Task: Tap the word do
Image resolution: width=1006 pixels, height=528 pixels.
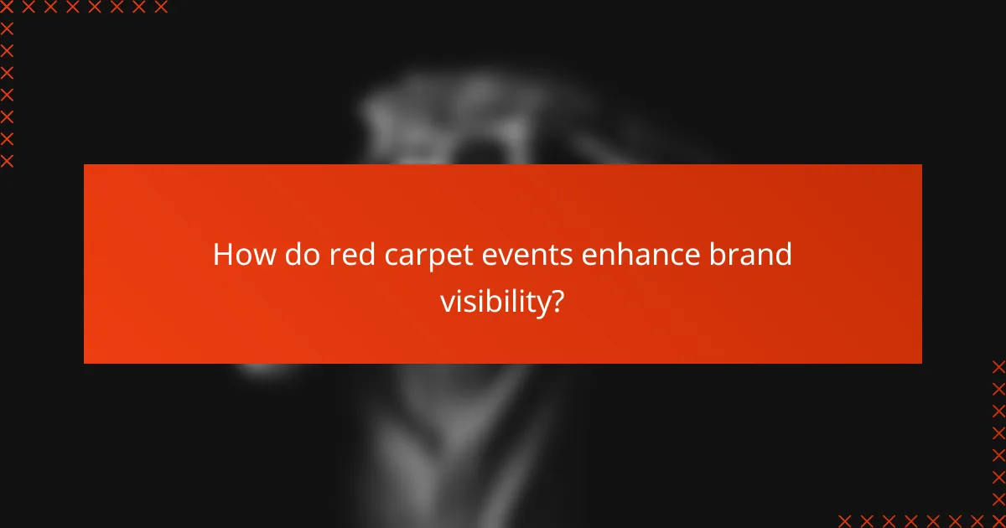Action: (x=289, y=254)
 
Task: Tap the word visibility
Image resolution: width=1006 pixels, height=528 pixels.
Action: (x=492, y=301)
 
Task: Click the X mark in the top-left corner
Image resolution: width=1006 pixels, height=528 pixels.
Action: (x=7, y=8)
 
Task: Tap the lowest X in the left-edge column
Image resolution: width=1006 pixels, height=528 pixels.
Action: (x=7, y=160)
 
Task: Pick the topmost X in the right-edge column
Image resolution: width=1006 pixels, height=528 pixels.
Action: (x=998, y=366)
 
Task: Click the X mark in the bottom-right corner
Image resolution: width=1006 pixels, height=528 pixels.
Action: (x=998, y=520)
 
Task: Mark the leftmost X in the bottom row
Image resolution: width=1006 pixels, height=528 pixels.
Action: (x=844, y=520)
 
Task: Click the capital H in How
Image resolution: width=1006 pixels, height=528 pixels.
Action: (x=222, y=254)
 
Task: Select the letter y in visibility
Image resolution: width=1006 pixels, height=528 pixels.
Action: (x=538, y=303)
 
